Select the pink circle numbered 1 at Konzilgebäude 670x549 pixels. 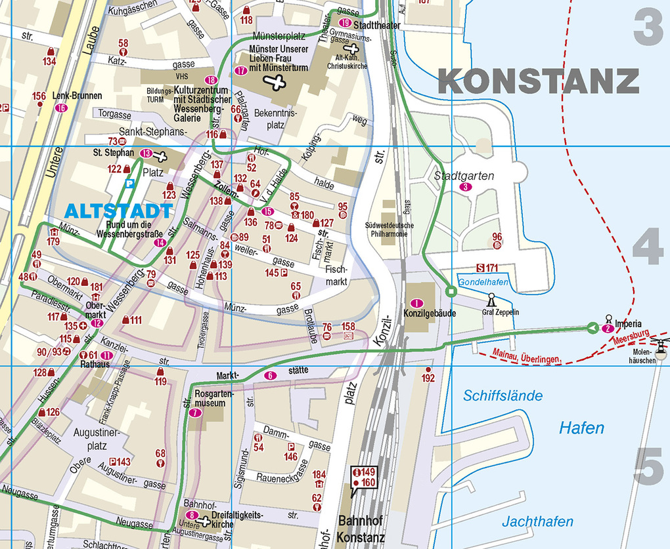[x=415, y=303]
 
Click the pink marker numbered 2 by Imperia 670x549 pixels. [x=608, y=328]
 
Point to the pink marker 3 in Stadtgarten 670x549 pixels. [x=466, y=187]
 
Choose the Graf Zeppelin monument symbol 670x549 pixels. [x=491, y=300]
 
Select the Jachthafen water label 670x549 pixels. [x=537, y=522]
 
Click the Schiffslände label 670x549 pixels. [x=502, y=396]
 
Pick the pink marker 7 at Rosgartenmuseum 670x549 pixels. [x=194, y=413]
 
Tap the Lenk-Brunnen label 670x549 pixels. [x=78, y=96]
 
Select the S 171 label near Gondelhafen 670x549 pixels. [x=487, y=268]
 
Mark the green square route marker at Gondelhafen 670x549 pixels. [x=451, y=291]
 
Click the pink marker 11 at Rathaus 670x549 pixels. [x=106, y=356]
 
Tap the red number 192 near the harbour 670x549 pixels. [x=428, y=378]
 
